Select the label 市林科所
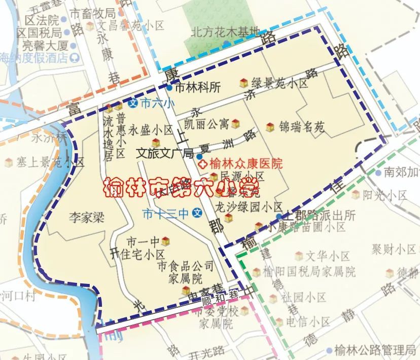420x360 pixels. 197,87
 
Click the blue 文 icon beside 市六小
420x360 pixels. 133,103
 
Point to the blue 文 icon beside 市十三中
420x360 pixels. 199,213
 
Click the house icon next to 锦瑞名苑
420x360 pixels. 270,127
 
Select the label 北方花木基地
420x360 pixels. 225,31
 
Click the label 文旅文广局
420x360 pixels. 165,153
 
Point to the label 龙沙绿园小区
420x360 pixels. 249,207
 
